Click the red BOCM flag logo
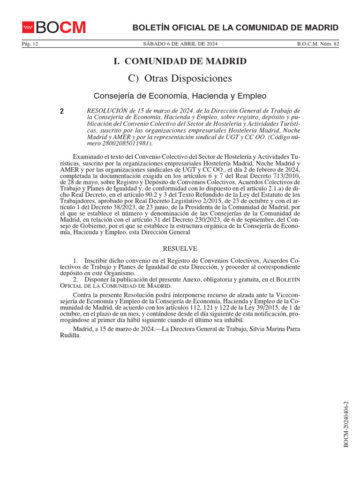pos(28,28)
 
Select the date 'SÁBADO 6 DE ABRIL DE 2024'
pos(180,44)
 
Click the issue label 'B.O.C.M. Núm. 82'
pos(317,44)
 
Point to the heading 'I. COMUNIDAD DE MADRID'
pos(180,61)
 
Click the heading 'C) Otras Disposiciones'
pos(180,78)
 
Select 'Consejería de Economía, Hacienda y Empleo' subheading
pos(180,96)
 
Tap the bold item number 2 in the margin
pos(62,112)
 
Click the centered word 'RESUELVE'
pos(180,248)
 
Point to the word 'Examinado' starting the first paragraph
pos(88,157)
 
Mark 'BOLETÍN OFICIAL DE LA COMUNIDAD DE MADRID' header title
pos(235,28)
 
